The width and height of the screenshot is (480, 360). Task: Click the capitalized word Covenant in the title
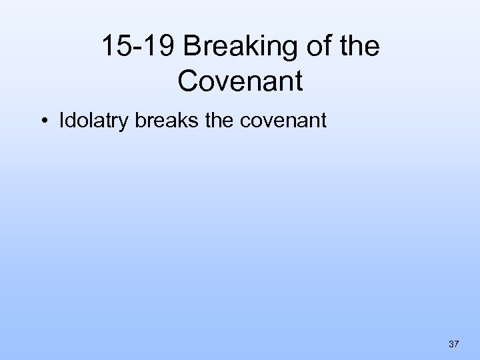coord(241,82)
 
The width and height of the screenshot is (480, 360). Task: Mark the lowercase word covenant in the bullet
coord(283,121)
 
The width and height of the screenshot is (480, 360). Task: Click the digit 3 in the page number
coord(451,344)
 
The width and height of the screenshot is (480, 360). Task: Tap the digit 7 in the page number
coord(457,344)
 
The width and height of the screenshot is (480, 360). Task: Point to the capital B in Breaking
coord(194,47)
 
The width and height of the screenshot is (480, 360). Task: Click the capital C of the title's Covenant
coord(189,82)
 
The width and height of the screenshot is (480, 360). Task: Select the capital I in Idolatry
coord(62,121)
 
